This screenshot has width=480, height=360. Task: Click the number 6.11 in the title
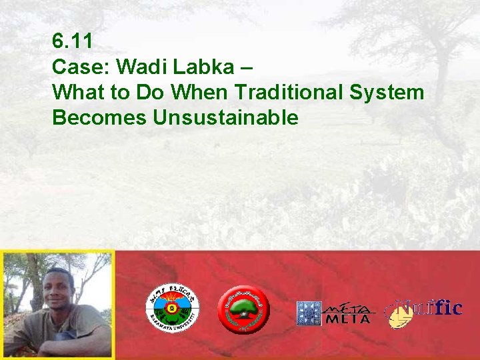tap(72, 41)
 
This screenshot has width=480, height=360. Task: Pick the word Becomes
tap(99, 118)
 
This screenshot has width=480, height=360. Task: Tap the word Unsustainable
tap(225, 118)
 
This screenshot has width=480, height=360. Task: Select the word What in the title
tap(77, 93)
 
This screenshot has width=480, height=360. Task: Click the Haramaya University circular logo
tap(173, 309)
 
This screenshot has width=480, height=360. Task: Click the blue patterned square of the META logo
tap(309, 313)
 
